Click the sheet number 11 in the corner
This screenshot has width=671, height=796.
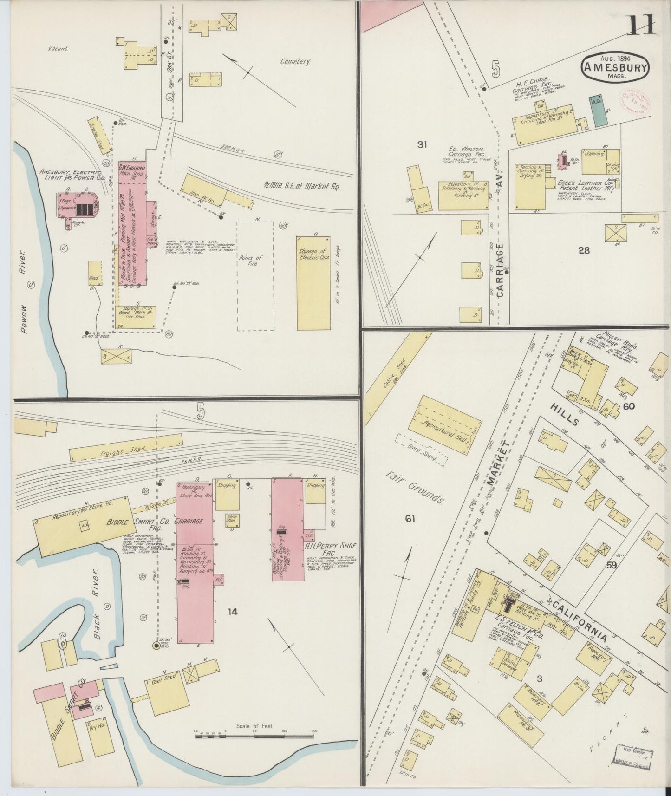(x=642, y=26)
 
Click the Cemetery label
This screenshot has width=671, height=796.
(x=295, y=62)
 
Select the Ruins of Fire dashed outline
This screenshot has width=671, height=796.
(x=255, y=276)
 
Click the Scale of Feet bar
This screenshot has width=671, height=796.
(x=254, y=736)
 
